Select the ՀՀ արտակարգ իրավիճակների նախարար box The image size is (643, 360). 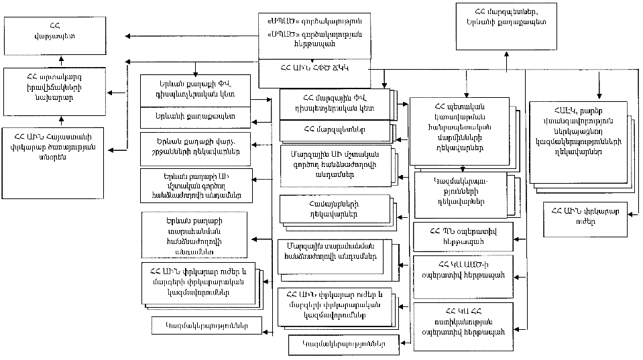(x=61, y=88)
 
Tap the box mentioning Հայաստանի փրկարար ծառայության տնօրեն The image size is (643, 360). (x=61, y=143)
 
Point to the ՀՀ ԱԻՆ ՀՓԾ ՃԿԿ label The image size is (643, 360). (x=317, y=68)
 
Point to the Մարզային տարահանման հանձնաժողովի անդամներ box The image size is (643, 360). (x=331, y=255)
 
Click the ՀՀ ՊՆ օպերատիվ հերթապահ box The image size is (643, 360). (x=464, y=236)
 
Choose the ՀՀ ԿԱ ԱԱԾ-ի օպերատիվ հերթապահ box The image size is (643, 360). (x=464, y=270)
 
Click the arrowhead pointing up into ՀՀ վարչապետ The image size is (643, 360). (x=61, y=58)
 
